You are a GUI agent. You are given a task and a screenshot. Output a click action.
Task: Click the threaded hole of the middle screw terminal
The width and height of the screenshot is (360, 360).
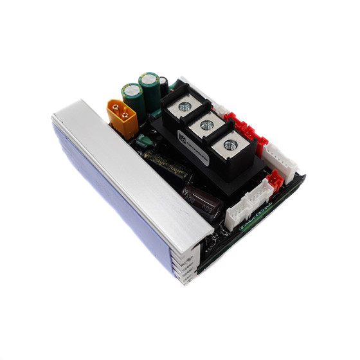coord(207,125)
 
